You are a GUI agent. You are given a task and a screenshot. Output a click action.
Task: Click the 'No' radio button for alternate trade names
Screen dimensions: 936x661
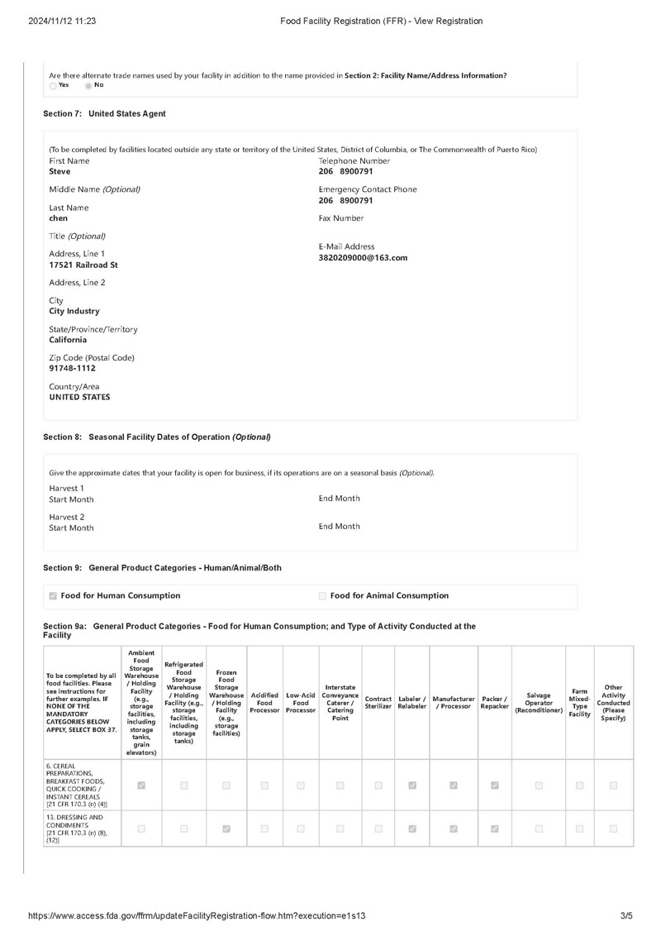tap(88, 85)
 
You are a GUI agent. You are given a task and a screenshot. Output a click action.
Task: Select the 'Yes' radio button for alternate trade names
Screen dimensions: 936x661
tap(53, 85)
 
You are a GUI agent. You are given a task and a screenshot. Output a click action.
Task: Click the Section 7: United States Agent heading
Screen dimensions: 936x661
tap(104, 113)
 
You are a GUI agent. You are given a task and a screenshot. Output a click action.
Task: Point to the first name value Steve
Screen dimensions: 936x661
tap(59, 172)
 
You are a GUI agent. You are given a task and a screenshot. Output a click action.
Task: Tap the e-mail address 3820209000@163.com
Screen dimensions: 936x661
tap(363, 258)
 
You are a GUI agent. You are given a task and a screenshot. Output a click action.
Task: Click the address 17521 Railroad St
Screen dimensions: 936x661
tap(83, 265)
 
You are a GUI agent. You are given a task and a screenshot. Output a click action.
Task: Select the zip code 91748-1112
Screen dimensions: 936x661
tap(73, 368)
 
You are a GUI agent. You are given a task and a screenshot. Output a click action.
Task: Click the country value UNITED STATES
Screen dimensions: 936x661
tap(79, 397)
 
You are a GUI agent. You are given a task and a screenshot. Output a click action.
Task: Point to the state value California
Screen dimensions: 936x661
tap(74, 340)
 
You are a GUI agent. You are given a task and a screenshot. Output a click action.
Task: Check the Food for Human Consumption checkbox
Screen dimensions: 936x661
tap(54, 595)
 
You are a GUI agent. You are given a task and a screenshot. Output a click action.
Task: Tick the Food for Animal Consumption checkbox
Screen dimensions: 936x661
tap(322, 595)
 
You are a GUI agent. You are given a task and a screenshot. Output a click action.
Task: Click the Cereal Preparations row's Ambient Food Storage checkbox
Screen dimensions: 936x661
tap(141, 786)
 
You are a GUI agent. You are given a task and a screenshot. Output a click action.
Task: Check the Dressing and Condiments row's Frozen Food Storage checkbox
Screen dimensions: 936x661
tap(226, 828)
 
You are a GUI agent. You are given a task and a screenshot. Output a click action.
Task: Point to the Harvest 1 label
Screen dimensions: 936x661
tap(67, 488)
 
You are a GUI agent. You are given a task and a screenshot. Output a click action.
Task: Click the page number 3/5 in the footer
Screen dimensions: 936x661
tap(625, 916)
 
